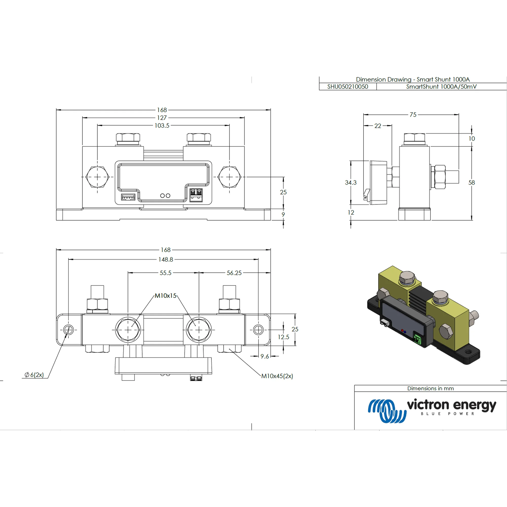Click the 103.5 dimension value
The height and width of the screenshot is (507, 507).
pos(162,126)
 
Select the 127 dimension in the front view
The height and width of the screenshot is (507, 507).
pos(162,118)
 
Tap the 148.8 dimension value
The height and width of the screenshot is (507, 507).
pos(166,260)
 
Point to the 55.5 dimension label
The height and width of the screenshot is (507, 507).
pos(166,273)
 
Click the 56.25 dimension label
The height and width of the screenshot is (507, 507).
pos(234,273)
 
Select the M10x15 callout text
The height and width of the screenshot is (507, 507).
pos(165,296)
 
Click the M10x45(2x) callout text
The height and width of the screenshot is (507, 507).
pos(277,376)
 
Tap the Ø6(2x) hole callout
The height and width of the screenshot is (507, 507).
pos(34,375)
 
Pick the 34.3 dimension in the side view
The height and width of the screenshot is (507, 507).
pos(351,183)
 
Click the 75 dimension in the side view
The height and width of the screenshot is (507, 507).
pos(413,115)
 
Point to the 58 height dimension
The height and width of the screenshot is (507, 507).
pos(472,183)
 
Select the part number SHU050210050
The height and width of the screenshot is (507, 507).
pos(348,87)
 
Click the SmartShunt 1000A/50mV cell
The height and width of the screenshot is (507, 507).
pos(441,87)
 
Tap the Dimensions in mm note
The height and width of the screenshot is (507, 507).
pos(430,388)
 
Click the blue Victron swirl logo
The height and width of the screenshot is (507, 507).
pos(387,411)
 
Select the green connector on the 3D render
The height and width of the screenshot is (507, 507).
pos(417,339)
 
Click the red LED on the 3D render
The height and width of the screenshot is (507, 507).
pos(402,330)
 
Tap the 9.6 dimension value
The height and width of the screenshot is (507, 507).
pos(264,356)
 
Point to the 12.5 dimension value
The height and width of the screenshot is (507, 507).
pos(283,337)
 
